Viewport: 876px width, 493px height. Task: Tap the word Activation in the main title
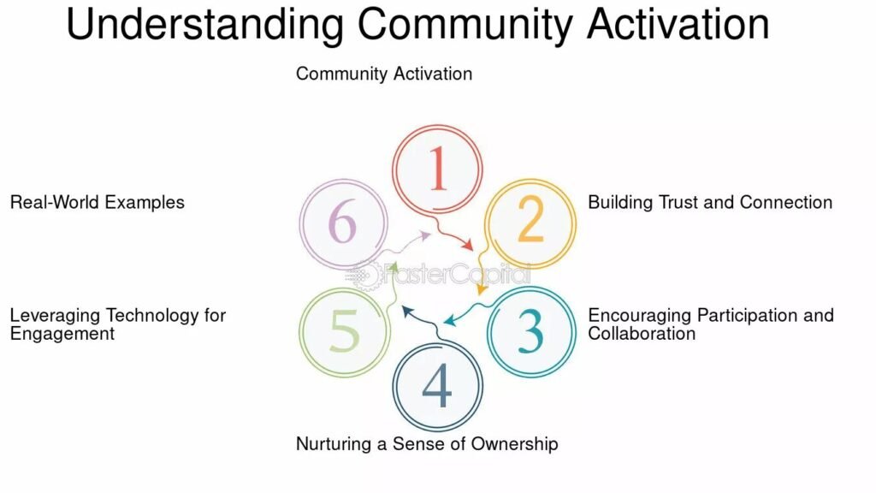coord(678,24)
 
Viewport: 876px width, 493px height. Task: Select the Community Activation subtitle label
coord(384,74)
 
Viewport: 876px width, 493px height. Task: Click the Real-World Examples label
coord(98,202)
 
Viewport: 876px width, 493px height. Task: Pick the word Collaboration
coord(642,334)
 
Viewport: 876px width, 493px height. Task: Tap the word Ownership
coord(514,444)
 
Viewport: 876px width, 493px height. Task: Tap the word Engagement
coord(62,335)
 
